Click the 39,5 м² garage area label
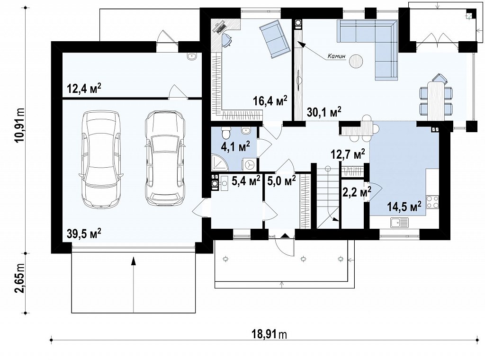pos(84,234)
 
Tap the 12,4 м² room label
pos(84,89)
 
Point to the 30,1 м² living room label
pos(324,112)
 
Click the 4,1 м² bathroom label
pos(235,146)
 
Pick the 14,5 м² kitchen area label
pos(404,206)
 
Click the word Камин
pos(337,56)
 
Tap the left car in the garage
pos(101,159)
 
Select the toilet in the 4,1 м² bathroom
pos(226,133)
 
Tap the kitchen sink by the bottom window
pos(399,222)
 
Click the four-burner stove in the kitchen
pos(432,202)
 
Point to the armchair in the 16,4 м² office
pos(274,39)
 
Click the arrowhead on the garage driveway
pos(133,261)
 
